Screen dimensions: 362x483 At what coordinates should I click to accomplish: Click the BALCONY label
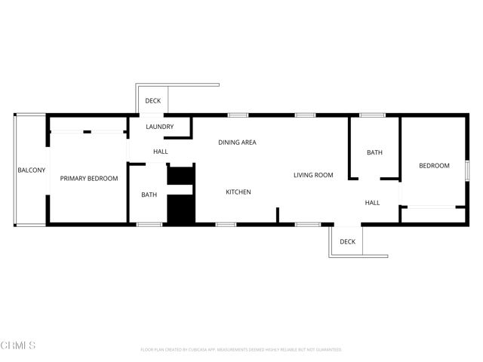coord(32,170)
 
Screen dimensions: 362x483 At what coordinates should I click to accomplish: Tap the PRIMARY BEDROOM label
coord(89,179)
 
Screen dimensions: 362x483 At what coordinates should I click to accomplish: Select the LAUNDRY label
coord(160,127)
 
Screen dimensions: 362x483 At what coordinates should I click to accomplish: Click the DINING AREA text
coord(238,143)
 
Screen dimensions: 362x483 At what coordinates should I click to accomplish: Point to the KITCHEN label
coord(238,192)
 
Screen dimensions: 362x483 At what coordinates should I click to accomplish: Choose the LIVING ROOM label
coord(313,176)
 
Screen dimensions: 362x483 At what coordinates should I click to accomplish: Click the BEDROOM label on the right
coord(434,166)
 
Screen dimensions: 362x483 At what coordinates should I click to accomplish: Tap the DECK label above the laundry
coord(153,101)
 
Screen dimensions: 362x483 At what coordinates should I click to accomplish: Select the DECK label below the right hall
coord(347,242)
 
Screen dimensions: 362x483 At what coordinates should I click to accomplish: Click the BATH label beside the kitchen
coord(149,195)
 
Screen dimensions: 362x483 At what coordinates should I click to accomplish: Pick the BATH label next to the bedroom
coord(375,153)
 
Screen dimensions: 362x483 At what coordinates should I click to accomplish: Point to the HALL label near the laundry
coord(161,152)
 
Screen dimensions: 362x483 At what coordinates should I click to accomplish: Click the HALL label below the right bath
coord(373,203)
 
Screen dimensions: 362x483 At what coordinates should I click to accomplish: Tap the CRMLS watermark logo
coord(18,345)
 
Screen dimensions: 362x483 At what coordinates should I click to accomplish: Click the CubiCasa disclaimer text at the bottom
coord(241,350)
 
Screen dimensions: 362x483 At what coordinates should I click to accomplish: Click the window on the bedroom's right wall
coord(468,170)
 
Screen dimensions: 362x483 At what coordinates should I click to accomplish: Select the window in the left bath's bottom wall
coord(149,224)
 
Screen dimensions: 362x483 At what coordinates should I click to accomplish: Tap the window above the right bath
coord(372,115)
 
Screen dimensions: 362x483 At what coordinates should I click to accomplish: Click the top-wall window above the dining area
coord(238,115)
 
